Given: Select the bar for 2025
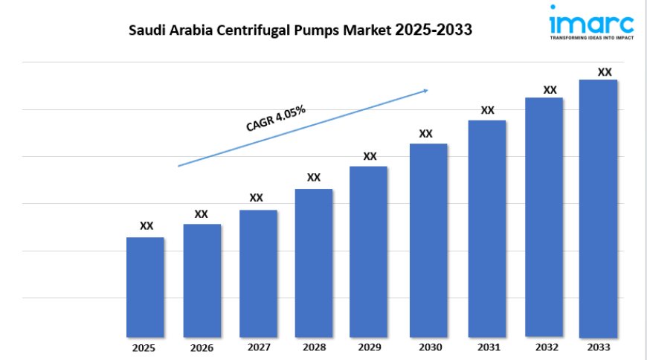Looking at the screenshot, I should click(145, 286).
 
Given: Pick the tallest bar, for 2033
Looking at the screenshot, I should click(598, 208).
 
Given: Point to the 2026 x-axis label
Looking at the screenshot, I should click(202, 348).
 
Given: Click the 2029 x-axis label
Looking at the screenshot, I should click(370, 347).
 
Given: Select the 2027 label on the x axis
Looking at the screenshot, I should click(257, 347).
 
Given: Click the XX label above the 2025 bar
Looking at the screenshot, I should click(147, 226).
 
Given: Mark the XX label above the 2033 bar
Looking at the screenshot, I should click(605, 72).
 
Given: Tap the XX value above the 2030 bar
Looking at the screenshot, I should click(425, 134).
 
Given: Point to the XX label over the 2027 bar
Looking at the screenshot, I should click(256, 198).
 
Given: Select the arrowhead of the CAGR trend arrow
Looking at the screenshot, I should click(425, 91).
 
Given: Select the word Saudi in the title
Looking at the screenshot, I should click(146, 30).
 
